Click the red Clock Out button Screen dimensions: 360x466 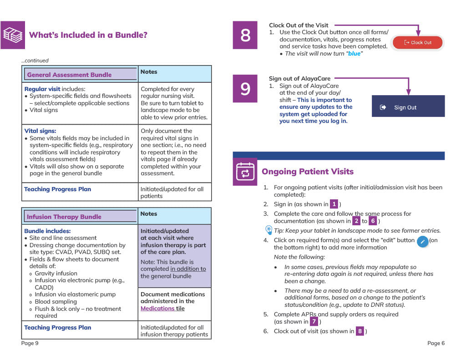417,43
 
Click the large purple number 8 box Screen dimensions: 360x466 245,35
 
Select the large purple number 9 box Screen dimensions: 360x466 245,89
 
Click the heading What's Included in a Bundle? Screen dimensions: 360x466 88,35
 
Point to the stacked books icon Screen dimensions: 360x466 13,35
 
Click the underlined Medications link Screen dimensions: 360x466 158,309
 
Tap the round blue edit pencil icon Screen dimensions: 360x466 422,241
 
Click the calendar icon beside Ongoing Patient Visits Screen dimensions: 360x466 245,172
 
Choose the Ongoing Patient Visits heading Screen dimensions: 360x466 308,172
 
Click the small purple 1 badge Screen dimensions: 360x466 334,204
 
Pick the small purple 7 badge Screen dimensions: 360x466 314,322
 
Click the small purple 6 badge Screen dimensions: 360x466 373,221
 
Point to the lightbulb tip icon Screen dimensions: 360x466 268,230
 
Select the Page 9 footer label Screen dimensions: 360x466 30,343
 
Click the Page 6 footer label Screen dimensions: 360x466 436,343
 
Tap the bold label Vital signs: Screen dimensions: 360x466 40,131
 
